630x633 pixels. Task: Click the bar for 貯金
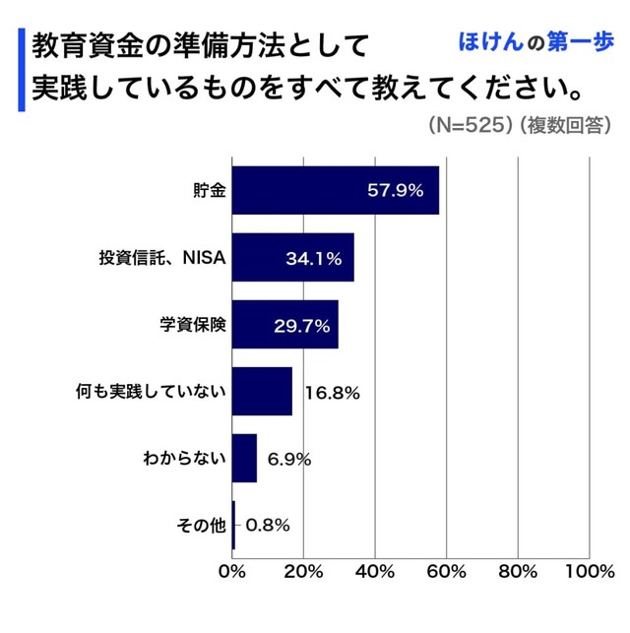335,191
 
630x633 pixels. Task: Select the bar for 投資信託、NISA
292,259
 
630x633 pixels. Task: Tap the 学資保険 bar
284,325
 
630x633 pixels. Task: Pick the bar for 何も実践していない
262,392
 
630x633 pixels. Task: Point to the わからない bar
244,459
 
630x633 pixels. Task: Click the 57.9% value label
395,191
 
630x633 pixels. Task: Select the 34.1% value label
313,260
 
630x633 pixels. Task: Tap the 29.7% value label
301,326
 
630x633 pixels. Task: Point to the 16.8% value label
332,393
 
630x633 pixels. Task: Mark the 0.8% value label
267,526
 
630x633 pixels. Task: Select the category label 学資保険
194,326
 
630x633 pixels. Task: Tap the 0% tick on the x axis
232,572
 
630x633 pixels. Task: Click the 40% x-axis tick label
375,572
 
